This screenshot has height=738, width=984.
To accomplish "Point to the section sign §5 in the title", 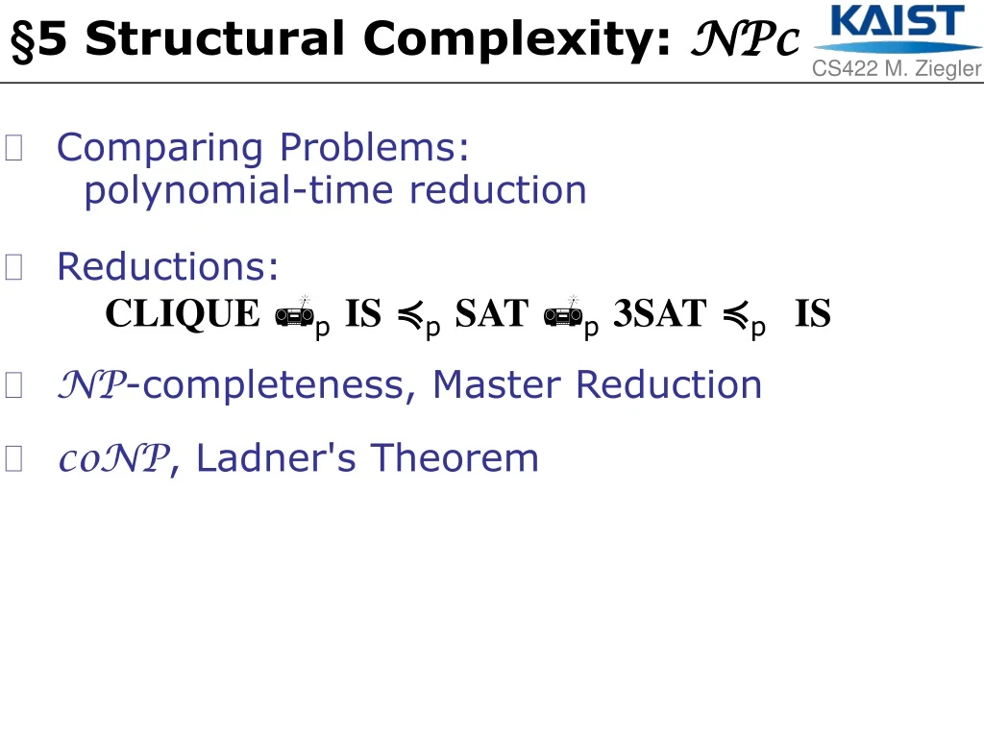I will click(x=38, y=41).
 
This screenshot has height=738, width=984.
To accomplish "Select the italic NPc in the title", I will click(x=746, y=41).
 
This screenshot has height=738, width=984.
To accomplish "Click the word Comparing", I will click(x=160, y=148).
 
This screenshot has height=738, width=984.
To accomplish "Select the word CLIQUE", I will click(x=183, y=314).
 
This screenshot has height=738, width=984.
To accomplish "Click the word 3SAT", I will click(x=659, y=314).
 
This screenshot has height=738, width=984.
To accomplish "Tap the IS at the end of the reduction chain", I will click(x=813, y=314).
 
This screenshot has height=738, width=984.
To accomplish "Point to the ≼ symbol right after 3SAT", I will click(x=734, y=314).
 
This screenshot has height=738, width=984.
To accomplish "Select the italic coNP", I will click(x=113, y=459).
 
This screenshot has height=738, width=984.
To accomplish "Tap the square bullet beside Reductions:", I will click(x=13, y=267).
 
